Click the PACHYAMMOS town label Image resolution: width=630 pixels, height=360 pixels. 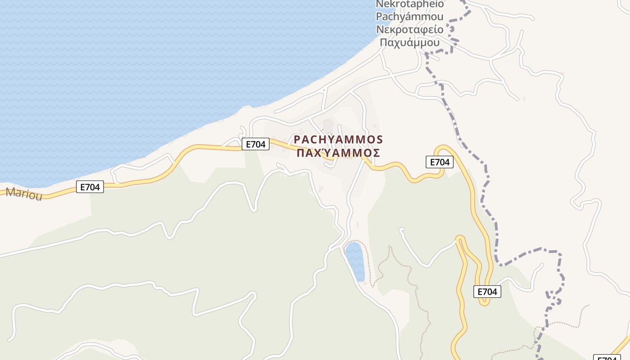338,139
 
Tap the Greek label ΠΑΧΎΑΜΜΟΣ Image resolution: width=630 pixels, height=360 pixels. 338,153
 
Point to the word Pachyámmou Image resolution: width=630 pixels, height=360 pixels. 409,17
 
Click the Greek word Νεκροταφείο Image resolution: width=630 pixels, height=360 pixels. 409,30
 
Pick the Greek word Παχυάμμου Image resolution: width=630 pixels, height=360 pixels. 409,43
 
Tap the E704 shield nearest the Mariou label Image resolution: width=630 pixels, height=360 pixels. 90,187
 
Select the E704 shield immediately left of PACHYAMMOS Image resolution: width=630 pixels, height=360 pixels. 256,144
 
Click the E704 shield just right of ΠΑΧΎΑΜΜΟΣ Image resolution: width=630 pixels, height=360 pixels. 440,162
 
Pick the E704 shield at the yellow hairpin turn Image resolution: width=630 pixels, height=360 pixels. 487,292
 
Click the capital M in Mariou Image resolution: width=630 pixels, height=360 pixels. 10,193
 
